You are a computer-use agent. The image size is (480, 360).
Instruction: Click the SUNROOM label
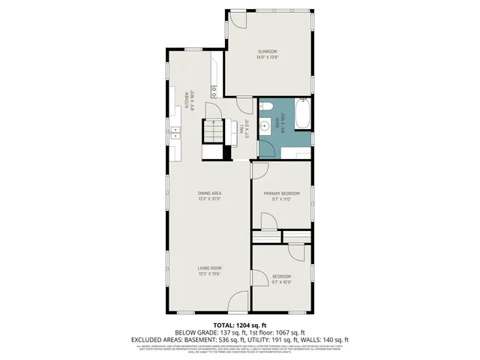268,52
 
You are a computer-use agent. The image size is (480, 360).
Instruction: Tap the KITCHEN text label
187,100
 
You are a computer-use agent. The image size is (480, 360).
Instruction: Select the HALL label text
241,128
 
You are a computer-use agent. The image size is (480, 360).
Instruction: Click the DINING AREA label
209,193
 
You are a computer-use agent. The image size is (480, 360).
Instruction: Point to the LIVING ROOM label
209,268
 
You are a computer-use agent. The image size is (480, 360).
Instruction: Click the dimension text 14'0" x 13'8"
268,57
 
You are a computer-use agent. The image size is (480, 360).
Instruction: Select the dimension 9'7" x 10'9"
282,282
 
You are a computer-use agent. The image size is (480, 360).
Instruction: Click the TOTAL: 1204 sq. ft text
239,325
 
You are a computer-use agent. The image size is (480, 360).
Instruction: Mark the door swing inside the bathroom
268,147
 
